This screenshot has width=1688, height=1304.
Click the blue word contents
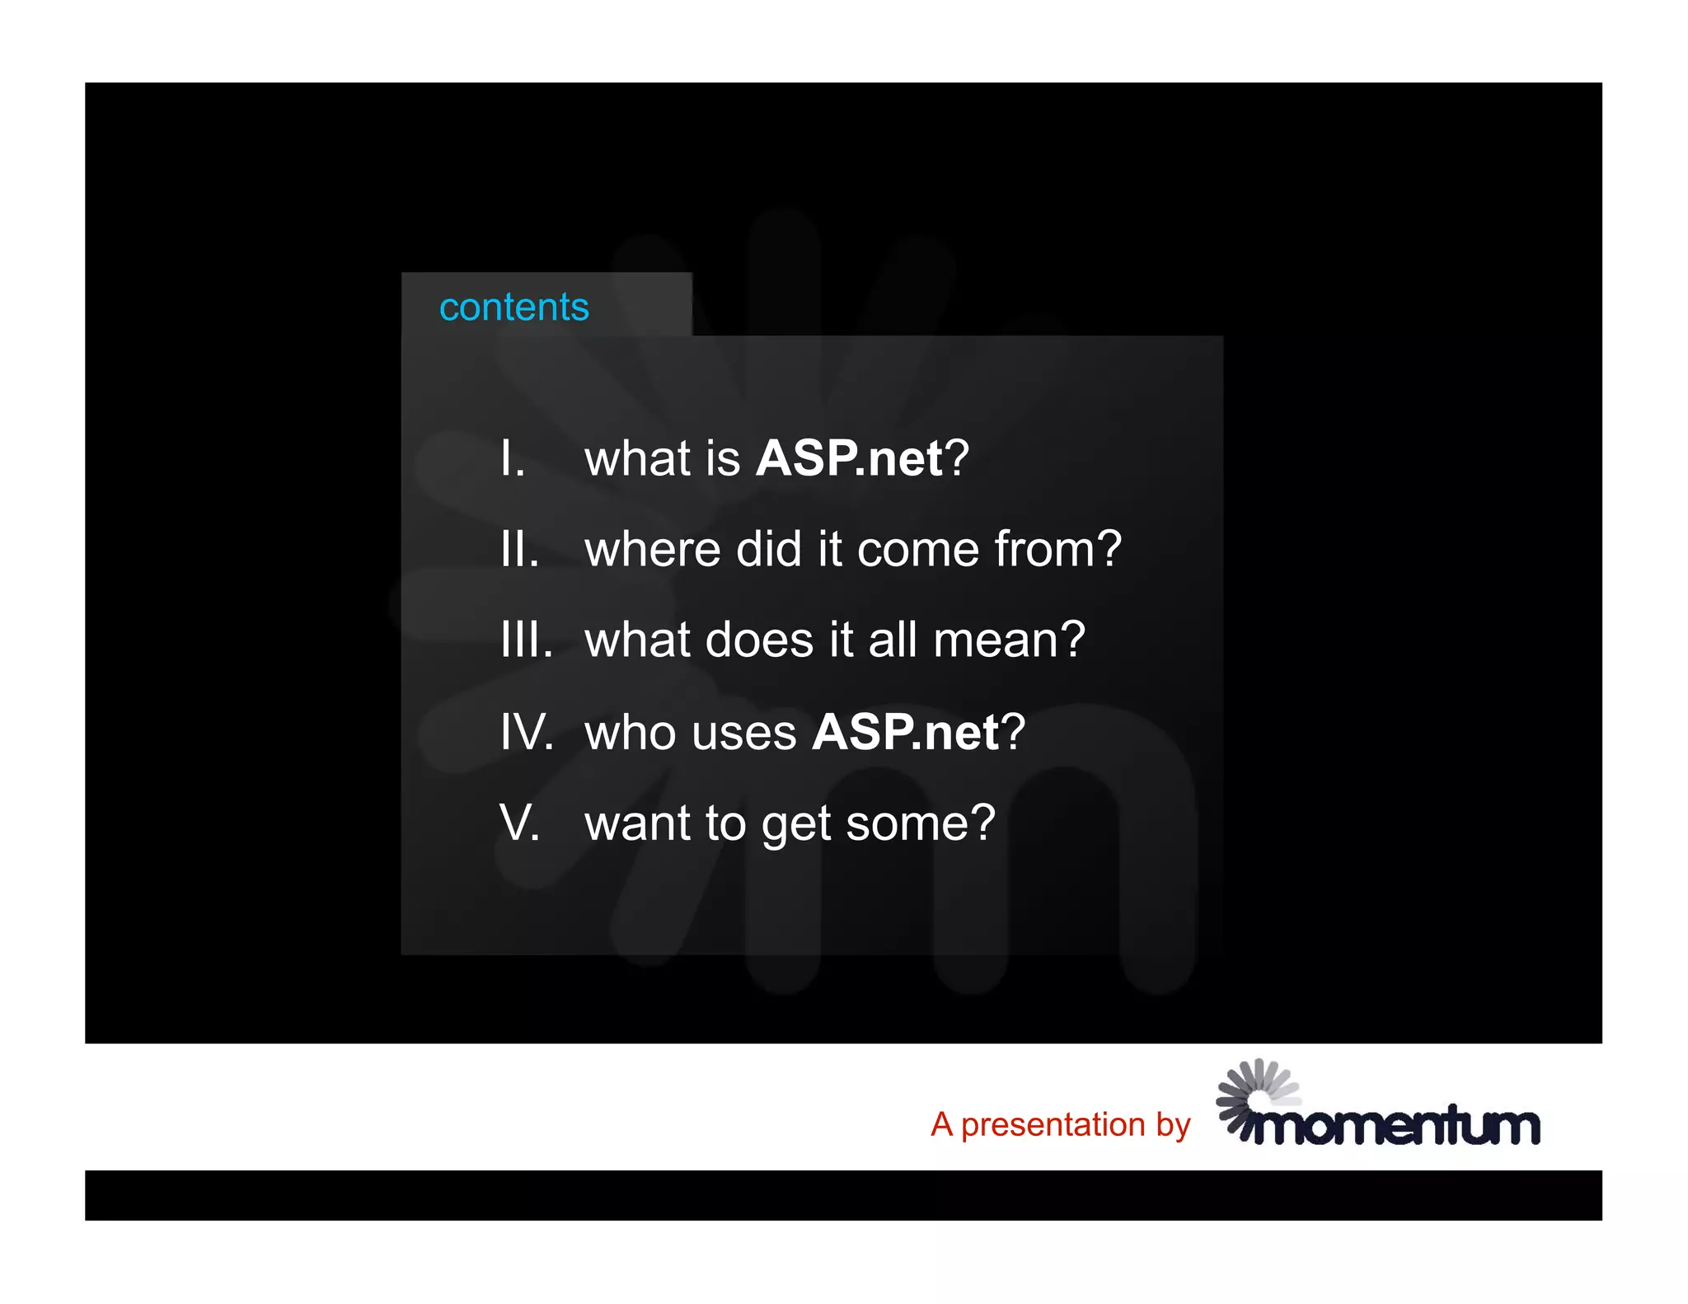[x=513, y=307]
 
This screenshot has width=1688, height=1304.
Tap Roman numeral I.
[x=511, y=458]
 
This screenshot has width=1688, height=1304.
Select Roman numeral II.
[x=519, y=549]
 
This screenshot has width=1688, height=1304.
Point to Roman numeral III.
[x=526, y=640]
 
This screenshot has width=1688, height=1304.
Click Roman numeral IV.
[x=526, y=732]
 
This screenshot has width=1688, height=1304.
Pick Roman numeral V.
[x=519, y=823]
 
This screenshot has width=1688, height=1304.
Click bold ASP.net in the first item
[x=849, y=458]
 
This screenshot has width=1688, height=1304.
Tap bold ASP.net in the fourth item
[x=905, y=732]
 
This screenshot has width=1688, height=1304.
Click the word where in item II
[x=652, y=549]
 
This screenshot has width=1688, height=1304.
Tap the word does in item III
[x=759, y=640]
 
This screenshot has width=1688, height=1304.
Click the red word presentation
[x=1053, y=1126]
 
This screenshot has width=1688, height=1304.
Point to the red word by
[x=1173, y=1126]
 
